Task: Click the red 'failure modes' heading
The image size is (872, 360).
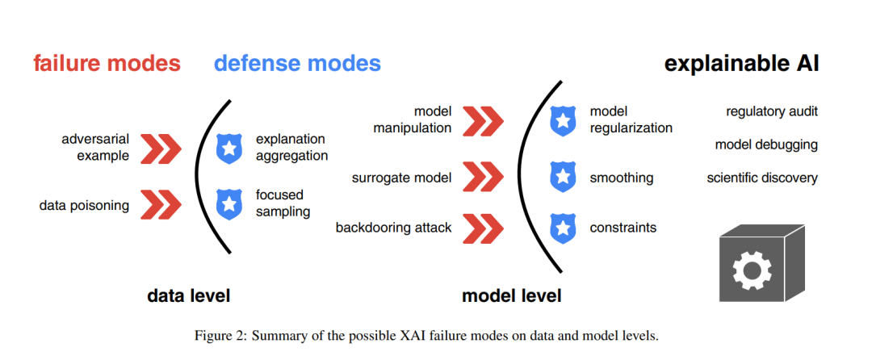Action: click(107, 63)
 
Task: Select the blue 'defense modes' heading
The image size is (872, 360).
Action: click(297, 63)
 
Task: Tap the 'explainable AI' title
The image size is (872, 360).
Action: click(742, 64)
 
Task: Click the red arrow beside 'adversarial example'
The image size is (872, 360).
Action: click(161, 149)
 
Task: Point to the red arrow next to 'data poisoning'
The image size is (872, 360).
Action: click(161, 205)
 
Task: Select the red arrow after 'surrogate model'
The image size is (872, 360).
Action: click(483, 178)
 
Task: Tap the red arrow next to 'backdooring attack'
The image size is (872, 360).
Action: click(483, 228)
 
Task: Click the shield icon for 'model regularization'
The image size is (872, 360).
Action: click(562, 120)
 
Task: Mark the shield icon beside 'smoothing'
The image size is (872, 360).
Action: click(562, 178)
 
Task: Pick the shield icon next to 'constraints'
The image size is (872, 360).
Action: click(562, 228)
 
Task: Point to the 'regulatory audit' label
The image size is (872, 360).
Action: click(772, 111)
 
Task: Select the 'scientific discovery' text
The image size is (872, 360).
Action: click(762, 178)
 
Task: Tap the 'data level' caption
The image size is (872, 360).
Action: click(188, 295)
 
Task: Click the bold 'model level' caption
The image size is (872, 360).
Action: click(512, 295)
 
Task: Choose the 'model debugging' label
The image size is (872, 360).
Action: click(767, 145)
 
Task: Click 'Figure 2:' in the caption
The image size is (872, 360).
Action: click(216, 336)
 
